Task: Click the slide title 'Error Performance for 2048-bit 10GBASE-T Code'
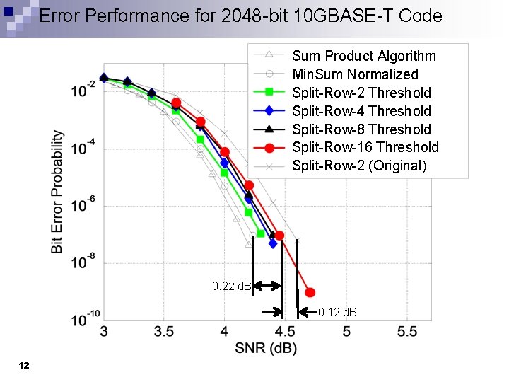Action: (x=240, y=16)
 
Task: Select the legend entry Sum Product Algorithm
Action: (x=363, y=56)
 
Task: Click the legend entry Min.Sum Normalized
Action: (x=355, y=74)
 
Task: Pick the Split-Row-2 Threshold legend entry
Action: (x=361, y=93)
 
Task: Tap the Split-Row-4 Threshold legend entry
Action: (x=361, y=111)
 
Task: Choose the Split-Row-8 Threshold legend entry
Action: (x=361, y=129)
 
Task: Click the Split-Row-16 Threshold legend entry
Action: (x=365, y=147)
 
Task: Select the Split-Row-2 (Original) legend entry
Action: (x=359, y=166)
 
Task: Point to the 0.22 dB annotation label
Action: (x=231, y=286)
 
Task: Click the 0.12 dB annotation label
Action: (x=337, y=312)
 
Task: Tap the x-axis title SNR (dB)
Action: (x=267, y=348)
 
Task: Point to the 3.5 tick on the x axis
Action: (x=163, y=332)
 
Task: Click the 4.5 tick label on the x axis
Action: (x=286, y=332)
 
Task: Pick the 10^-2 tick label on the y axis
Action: (x=83, y=91)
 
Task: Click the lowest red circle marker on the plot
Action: (x=310, y=292)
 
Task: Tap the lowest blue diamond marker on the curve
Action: (x=273, y=243)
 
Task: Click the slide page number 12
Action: (x=24, y=365)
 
